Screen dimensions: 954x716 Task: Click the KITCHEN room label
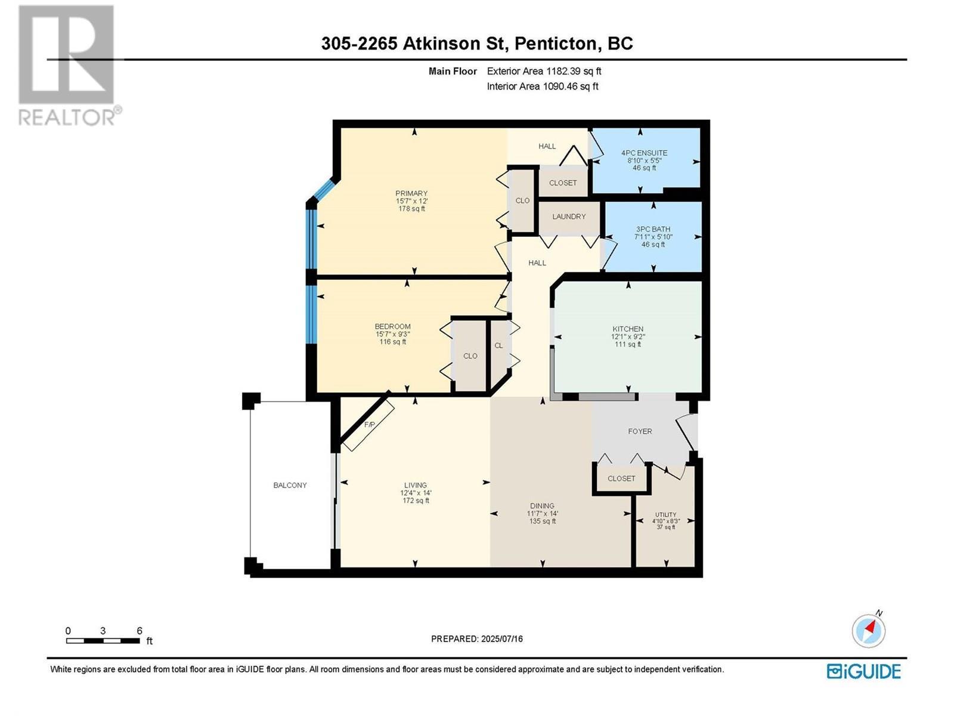click(x=628, y=329)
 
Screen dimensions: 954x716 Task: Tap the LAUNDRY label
click(x=569, y=216)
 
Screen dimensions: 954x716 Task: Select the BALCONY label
click(x=290, y=485)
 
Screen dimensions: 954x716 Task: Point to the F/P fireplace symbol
click(x=368, y=425)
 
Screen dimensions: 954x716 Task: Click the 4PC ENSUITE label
click(x=644, y=153)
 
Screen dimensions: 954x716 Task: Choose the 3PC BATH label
click(x=653, y=229)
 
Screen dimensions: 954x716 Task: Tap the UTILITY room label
click(x=666, y=514)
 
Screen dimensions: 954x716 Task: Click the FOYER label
click(x=640, y=431)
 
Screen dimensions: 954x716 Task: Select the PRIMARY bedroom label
click(x=411, y=193)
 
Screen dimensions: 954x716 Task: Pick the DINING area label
click(x=542, y=505)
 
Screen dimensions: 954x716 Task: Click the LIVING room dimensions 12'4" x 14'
click(x=416, y=493)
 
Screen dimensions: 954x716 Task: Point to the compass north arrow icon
click(x=868, y=630)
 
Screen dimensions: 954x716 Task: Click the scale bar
click(x=103, y=641)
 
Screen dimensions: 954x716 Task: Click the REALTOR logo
click(x=69, y=65)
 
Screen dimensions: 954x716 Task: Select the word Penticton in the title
click(x=556, y=44)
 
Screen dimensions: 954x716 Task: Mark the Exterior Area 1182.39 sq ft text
click(x=544, y=71)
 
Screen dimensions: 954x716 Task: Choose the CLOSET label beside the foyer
click(x=621, y=478)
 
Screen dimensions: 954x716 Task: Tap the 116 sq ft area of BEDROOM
click(x=392, y=342)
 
